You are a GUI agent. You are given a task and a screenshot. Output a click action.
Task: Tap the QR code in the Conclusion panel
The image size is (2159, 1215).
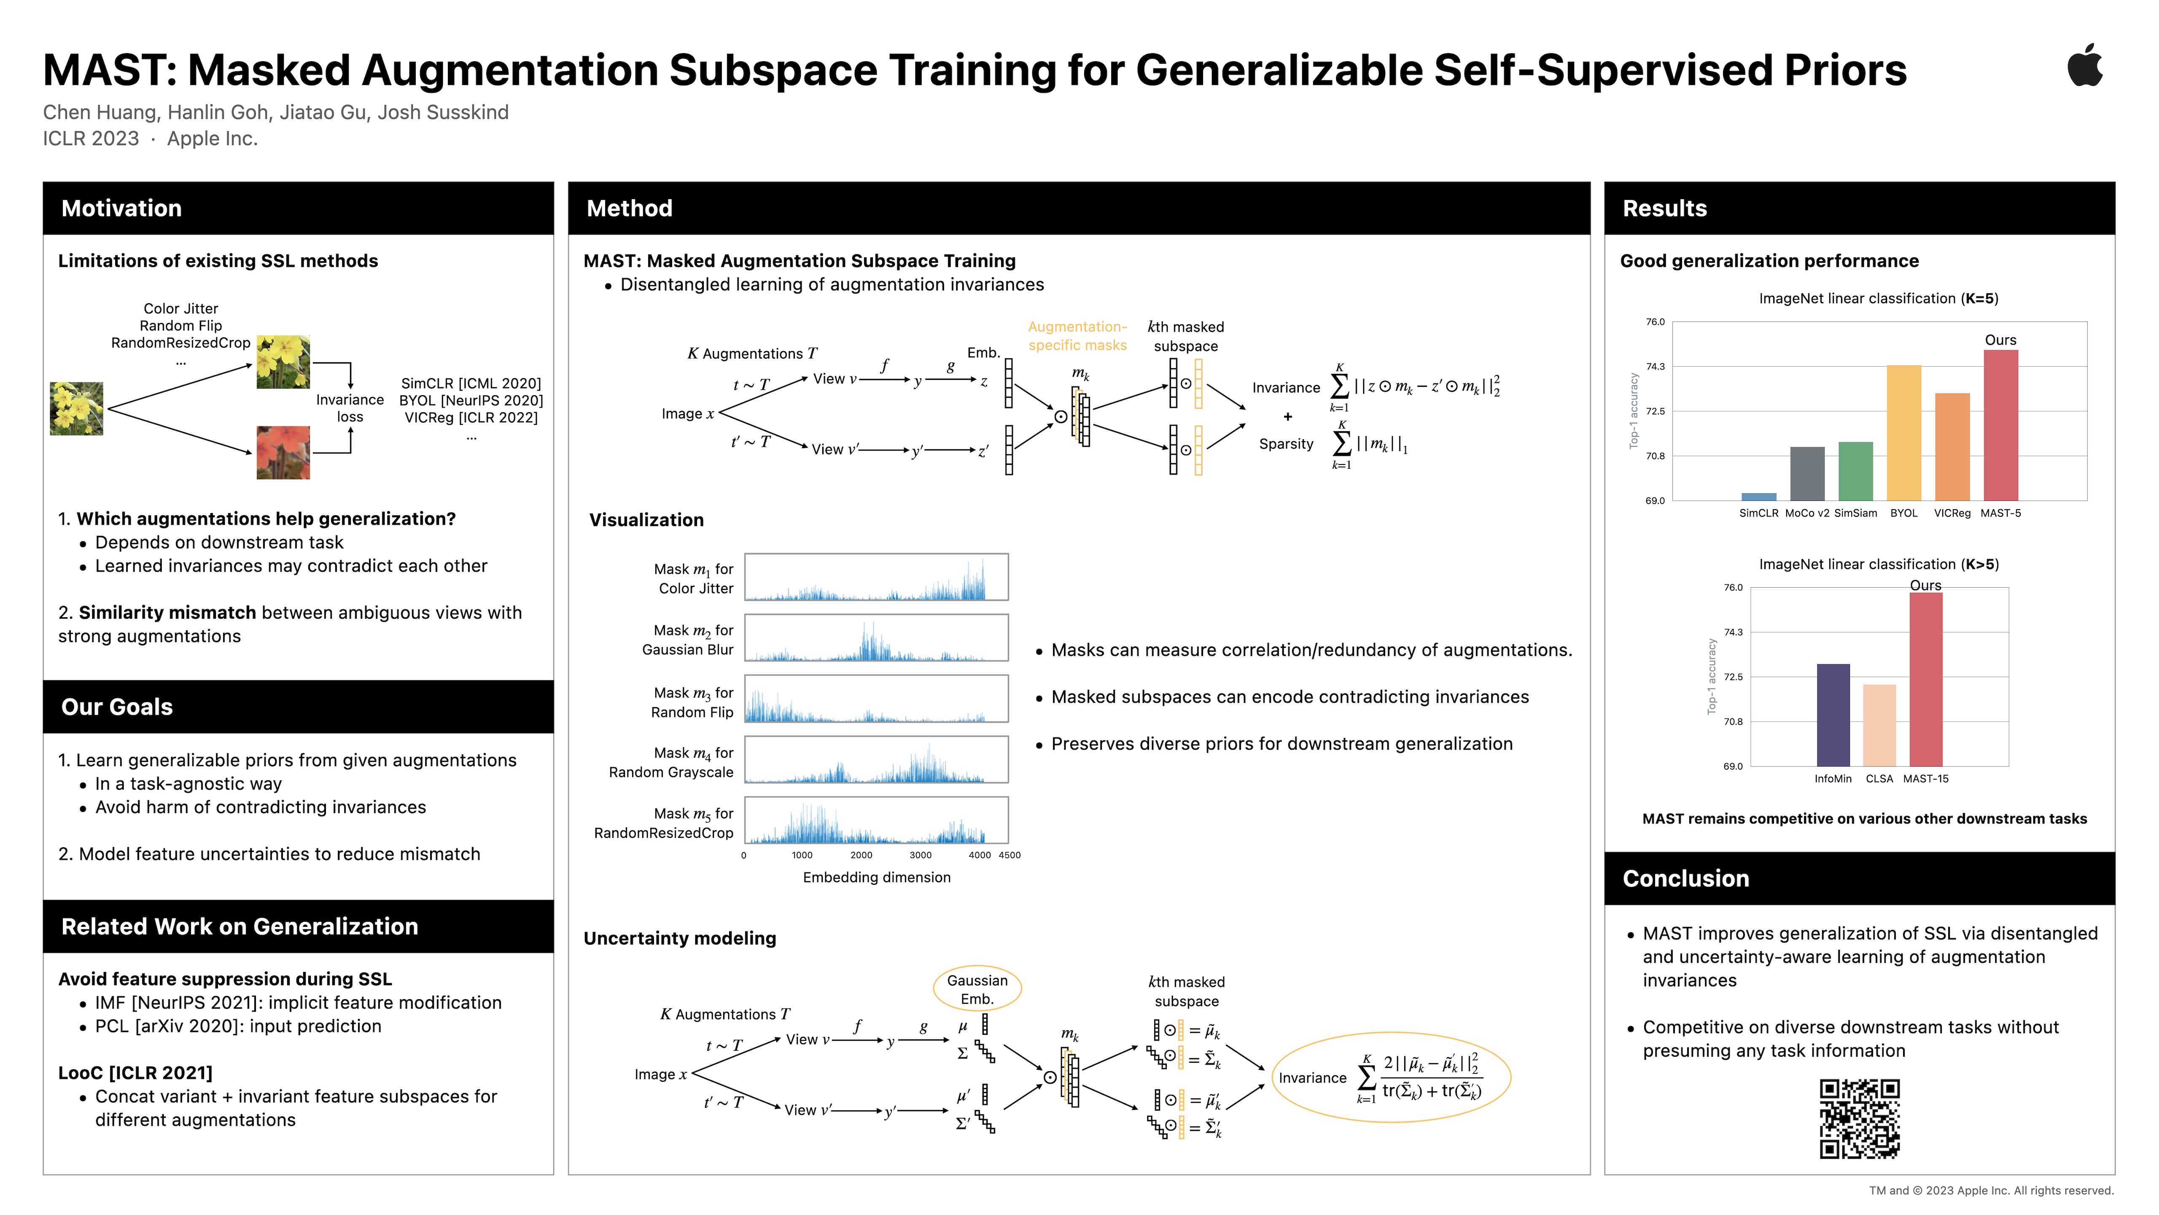pyautogui.click(x=1859, y=1118)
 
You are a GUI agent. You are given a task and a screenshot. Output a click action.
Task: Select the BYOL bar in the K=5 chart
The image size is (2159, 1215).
pyautogui.click(x=1903, y=433)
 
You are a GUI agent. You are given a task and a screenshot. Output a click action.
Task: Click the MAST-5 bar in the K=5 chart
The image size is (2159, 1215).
pyautogui.click(x=2000, y=425)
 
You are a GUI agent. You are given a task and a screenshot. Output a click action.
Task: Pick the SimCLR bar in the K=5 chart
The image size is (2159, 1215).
pyautogui.click(x=1758, y=497)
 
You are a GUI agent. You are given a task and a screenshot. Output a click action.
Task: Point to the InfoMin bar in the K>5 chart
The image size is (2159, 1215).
pyautogui.click(x=1833, y=714)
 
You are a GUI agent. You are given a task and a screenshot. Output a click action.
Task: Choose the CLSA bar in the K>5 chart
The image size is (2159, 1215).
pyautogui.click(x=1879, y=724)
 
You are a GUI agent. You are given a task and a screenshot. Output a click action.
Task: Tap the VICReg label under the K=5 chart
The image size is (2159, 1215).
pyautogui.click(x=1952, y=513)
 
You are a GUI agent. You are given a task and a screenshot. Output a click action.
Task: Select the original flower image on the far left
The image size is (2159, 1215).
pyautogui.click(x=76, y=408)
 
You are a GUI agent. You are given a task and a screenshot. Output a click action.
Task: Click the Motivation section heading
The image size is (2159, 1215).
pyautogui.click(x=121, y=208)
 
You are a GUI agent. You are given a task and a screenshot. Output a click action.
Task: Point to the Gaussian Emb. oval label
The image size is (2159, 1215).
pyautogui.click(x=977, y=989)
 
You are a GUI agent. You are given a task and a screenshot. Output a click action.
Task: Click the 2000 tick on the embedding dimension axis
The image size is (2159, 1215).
pyautogui.click(x=861, y=855)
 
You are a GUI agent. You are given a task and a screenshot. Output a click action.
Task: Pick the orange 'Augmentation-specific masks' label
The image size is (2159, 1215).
pyautogui.click(x=1078, y=335)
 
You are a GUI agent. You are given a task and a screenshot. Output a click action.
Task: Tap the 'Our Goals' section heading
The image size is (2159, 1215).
pyautogui.click(x=116, y=707)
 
